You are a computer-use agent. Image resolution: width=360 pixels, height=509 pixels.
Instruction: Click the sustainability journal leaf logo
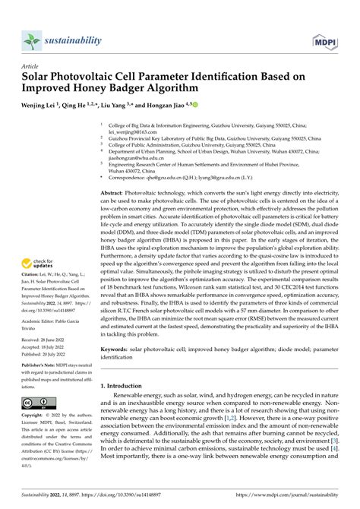[31, 40]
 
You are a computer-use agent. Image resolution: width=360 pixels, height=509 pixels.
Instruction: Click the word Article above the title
[31, 66]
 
